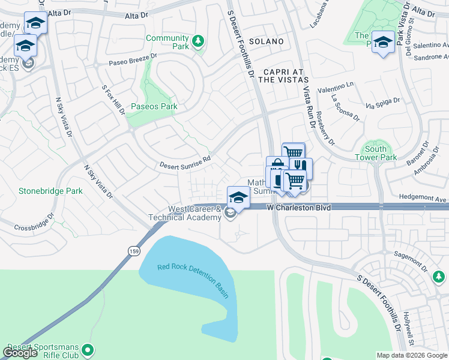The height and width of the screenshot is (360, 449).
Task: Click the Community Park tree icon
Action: pos(198,41)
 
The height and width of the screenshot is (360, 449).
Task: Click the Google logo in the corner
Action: pos(20,353)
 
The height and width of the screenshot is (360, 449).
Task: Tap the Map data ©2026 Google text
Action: pos(411,355)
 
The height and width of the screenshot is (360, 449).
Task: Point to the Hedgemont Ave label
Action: pos(424,197)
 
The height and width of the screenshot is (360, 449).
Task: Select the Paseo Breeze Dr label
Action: pos(133,59)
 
